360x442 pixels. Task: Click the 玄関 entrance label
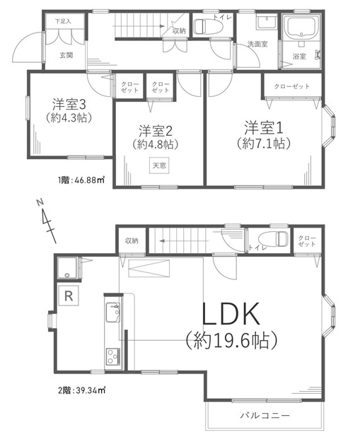pos(66,56)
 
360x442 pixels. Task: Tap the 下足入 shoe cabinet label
pos(63,21)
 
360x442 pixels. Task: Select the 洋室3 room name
pos(69,105)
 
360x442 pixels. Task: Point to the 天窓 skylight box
pos(159,165)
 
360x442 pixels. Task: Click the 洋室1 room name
pos(264,128)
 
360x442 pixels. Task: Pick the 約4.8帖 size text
pos(156,144)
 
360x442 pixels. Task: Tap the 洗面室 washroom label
pos(257,45)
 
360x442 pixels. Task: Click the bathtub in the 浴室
pos(302,27)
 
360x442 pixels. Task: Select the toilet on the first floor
pos(209,26)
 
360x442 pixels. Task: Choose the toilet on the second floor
pos(273,238)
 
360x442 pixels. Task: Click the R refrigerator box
pos(69,296)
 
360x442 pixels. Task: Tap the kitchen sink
pos(113,313)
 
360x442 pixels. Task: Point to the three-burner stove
pos(113,356)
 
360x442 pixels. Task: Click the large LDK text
pos(231,314)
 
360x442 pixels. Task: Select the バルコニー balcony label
pos(265,416)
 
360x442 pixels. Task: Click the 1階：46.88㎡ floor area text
pos(81,180)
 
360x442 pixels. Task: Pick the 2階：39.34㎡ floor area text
pos(81,390)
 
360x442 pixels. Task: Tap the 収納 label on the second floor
pos(132,240)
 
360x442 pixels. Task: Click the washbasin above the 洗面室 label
pos(267,22)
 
